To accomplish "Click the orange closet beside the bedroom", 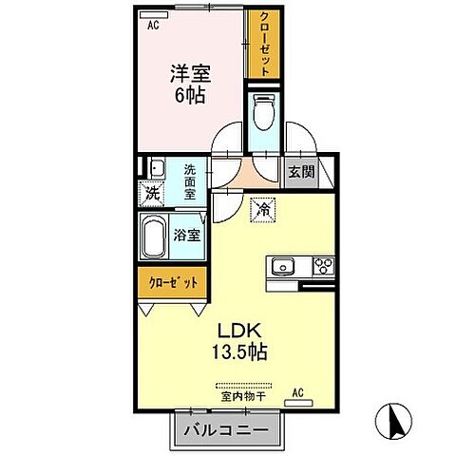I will click(262, 45).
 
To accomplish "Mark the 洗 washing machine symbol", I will click(152, 192).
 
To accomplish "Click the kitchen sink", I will click(284, 265).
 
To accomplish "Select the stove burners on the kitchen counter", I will click(321, 265).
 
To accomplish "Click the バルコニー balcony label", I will click(228, 430).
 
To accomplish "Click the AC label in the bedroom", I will click(152, 28).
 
